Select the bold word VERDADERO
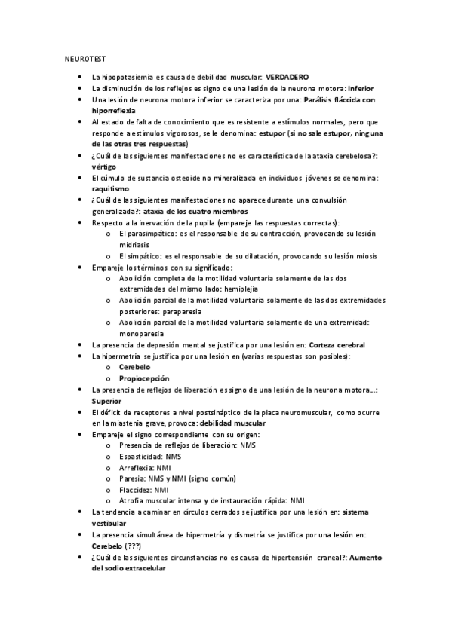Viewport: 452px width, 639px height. click(x=288, y=78)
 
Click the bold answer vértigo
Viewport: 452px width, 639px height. click(x=103, y=167)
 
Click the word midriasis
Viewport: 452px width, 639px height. click(x=134, y=245)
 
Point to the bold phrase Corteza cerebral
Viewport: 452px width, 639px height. click(x=336, y=344)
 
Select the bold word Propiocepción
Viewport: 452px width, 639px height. click(x=143, y=378)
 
